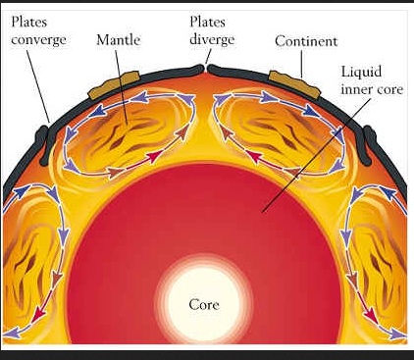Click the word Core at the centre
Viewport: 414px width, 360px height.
point(204,305)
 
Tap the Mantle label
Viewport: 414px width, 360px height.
point(119,40)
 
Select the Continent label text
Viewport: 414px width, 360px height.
point(306,41)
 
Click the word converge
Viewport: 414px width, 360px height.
point(38,40)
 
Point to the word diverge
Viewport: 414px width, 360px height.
point(212,39)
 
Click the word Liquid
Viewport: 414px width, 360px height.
point(361,72)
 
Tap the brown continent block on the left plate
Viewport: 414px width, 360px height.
point(115,84)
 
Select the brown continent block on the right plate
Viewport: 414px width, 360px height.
point(293,84)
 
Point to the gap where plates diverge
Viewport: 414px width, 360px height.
point(206,69)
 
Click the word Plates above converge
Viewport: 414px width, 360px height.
point(29,23)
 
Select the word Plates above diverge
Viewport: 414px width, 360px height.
point(207,22)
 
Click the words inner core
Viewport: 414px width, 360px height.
point(372,89)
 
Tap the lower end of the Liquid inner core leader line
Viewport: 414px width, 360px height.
point(263,212)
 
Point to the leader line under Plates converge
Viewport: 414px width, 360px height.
point(38,86)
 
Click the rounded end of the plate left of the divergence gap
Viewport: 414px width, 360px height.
point(199,69)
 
